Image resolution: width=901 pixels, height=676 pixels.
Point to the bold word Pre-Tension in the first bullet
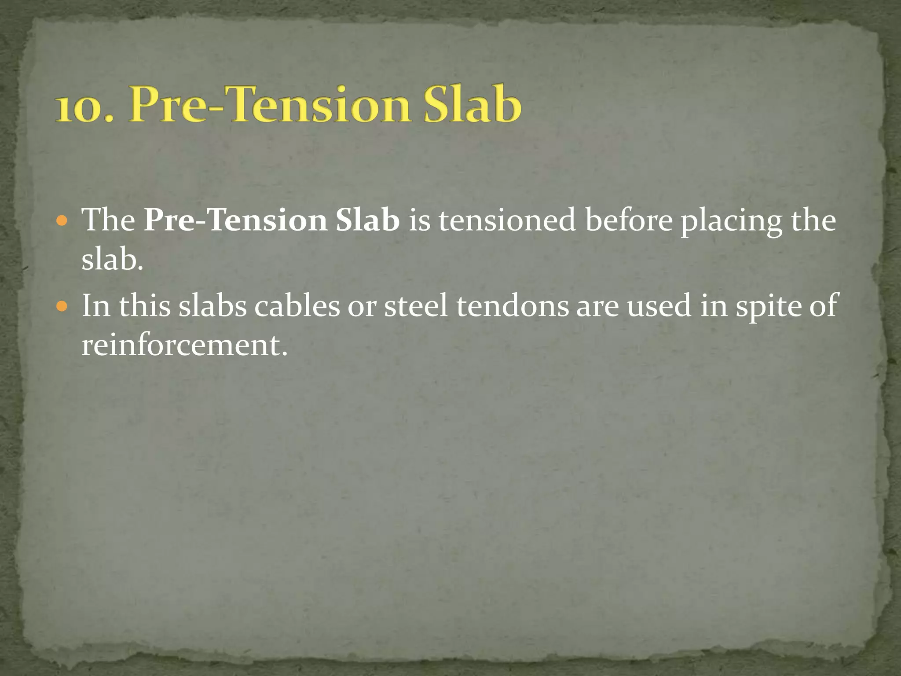coord(235,220)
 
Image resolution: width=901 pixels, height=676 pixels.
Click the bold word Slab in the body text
coord(367,220)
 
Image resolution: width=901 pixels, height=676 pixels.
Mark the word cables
coord(297,305)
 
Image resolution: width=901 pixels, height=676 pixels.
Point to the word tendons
coord(513,305)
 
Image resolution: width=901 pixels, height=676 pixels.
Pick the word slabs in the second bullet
coord(212,305)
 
